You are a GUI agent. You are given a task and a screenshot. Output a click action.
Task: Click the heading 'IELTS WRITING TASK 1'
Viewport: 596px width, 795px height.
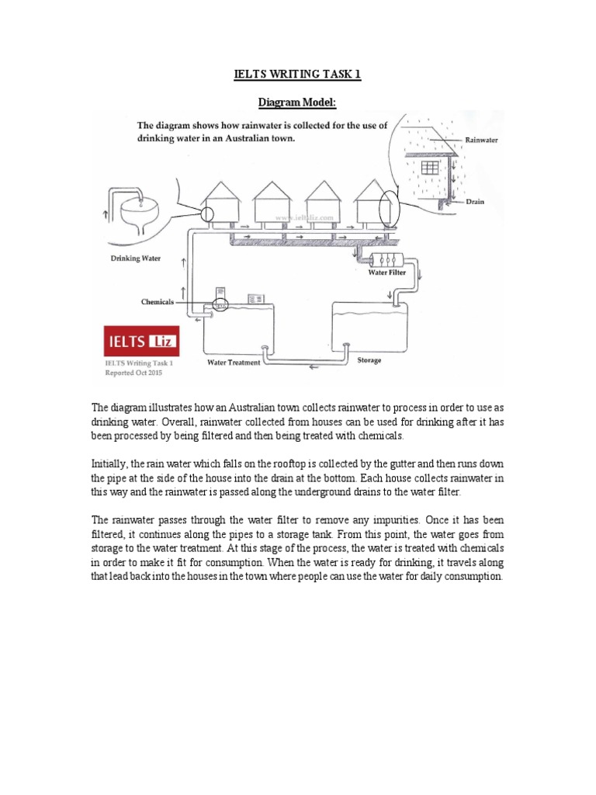[298, 75]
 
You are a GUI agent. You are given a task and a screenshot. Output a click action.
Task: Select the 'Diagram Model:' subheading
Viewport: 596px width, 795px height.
[298, 102]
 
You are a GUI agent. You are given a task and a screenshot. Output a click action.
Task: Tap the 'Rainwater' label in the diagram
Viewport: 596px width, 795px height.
[481, 141]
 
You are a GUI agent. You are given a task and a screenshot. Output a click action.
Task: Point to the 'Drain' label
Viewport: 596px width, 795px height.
[476, 201]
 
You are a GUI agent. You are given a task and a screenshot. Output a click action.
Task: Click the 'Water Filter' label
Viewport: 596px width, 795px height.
[386, 273]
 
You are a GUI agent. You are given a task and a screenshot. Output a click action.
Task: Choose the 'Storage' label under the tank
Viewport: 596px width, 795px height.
[369, 361]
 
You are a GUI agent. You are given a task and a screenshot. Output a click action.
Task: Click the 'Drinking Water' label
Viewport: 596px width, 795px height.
[136, 258]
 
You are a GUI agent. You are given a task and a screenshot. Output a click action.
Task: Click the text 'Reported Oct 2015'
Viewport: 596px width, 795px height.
[134, 372]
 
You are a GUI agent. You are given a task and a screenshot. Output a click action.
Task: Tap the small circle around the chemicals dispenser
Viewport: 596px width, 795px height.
[220, 305]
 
